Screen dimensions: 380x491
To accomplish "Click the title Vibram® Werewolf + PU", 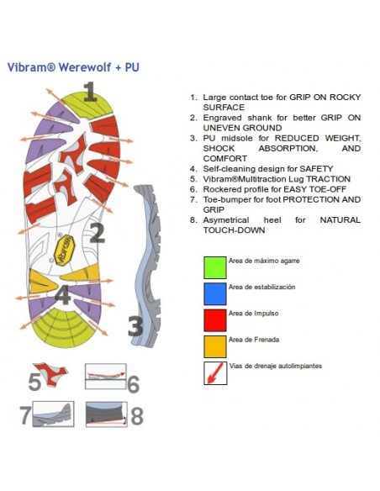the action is click(x=73, y=67).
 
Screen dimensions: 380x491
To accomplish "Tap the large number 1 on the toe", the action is click(x=90, y=92).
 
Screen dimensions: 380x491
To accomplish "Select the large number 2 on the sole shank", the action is click(x=98, y=232).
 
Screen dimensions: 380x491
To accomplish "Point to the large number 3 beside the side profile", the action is click(x=135, y=326).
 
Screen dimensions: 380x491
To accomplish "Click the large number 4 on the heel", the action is click(x=62, y=295).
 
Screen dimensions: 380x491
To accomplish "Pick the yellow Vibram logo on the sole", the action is click(x=64, y=251).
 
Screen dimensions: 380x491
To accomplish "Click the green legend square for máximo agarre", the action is click(x=215, y=267).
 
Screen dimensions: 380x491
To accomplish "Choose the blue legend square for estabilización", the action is click(x=215, y=294).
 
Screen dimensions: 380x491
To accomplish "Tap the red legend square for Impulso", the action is click(x=215, y=320).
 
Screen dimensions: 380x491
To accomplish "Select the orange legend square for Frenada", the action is click(x=215, y=346).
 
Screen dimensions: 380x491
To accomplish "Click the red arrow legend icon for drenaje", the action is click(x=215, y=373).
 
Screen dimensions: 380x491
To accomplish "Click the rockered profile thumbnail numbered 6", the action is click(x=106, y=376).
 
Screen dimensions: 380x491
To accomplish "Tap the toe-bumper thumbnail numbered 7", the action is click(x=53, y=414).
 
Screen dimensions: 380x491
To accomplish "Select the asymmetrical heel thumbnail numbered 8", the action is click(x=107, y=414).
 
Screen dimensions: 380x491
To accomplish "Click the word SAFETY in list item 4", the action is click(x=316, y=169).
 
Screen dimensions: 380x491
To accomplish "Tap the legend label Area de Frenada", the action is click(x=254, y=340).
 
